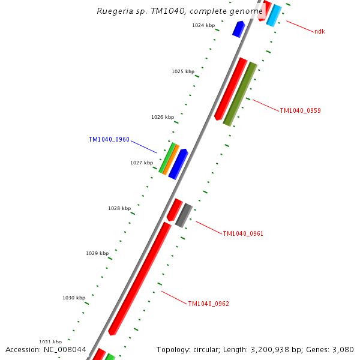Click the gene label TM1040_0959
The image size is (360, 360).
click(300, 110)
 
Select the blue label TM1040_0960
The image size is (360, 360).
click(109, 140)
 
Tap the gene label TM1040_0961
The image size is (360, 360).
click(243, 233)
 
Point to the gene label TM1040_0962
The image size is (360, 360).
click(208, 304)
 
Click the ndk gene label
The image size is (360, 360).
click(320, 31)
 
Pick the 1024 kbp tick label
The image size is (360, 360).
click(203, 25)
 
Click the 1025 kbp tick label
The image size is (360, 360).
click(183, 71)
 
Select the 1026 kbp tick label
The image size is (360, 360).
click(163, 117)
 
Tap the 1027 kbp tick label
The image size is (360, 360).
click(142, 163)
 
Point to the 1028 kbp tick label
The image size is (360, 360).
click(119, 208)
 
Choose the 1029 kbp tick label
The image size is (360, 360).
click(97, 253)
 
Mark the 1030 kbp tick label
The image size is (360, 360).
click(74, 298)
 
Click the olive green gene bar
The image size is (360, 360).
click(240, 94)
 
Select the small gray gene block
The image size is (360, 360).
click(184, 215)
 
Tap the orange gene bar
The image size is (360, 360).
click(171, 160)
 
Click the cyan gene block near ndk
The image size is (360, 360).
click(274, 16)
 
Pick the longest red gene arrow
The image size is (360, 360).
click(140, 278)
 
